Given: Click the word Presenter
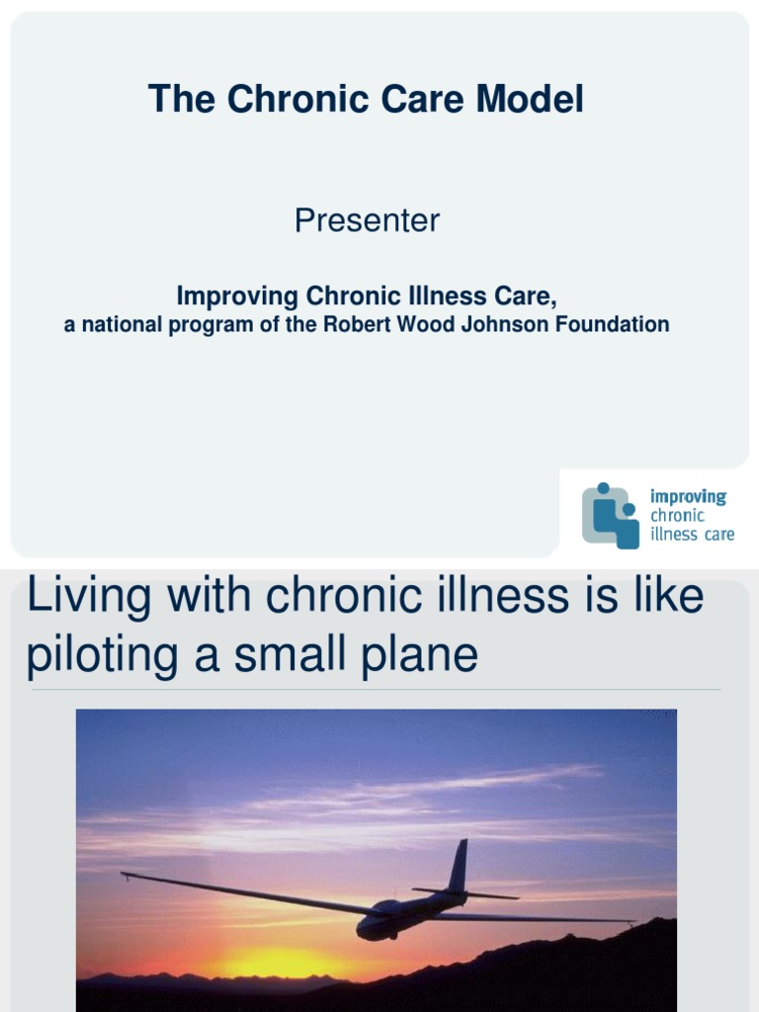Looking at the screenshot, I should click(367, 220).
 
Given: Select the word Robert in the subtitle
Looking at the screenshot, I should click(353, 324).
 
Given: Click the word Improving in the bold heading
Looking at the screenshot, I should click(236, 295).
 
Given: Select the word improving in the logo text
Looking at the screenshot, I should click(688, 496).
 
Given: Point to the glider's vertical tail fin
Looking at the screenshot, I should click(458, 866).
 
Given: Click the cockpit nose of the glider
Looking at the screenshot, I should click(367, 929).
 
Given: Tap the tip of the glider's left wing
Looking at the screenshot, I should click(126, 875).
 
